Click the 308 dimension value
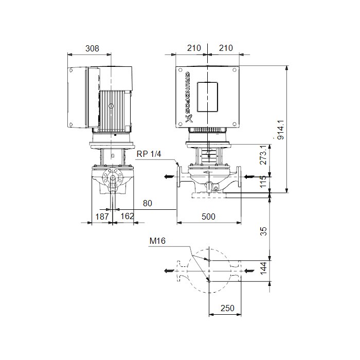click(x=92, y=48)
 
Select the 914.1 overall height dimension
click(x=281, y=130)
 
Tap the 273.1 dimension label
click(x=263, y=155)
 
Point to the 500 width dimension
click(x=208, y=217)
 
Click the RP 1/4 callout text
click(x=149, y=154)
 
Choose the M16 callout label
click(x=157, y=241)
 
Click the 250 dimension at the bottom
click(x=227, y=308)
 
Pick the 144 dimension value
click(x=263, y=268)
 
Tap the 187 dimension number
click(x=102, y=217)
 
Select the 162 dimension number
click(x=127, y=216)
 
